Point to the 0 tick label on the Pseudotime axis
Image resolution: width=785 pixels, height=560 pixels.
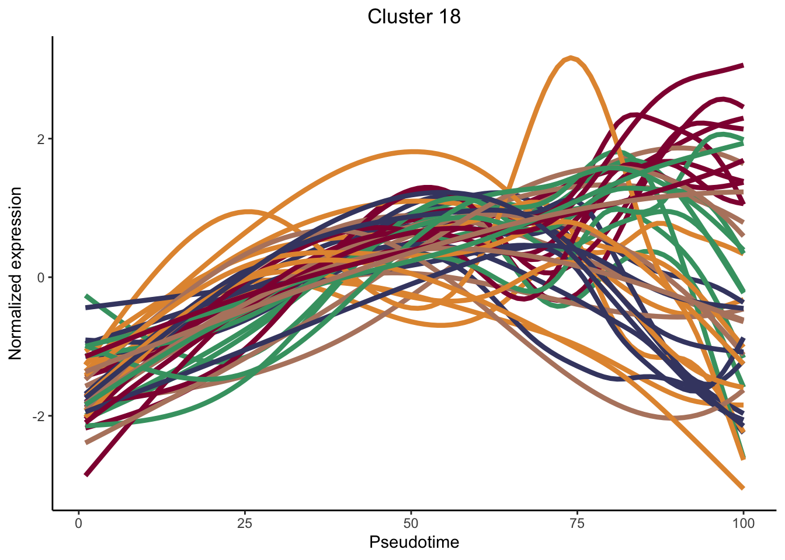[79, 523]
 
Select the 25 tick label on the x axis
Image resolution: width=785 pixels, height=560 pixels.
[245, 523]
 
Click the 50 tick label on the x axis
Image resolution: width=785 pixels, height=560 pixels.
[411, 523]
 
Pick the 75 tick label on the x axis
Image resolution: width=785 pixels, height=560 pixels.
[577, 523]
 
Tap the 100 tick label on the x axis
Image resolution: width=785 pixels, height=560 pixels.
[743, 523]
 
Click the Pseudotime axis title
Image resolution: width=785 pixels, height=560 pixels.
[414, 542]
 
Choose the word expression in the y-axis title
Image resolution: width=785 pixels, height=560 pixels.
[16, 230]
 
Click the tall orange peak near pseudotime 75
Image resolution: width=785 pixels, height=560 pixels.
[570, 58]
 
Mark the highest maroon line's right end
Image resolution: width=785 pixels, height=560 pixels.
[742, 65]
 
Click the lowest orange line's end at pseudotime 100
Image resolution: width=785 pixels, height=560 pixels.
[742, 487]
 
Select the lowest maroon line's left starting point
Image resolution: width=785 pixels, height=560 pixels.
[86, 475]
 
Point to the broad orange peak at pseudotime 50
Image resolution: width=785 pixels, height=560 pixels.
[414, 152]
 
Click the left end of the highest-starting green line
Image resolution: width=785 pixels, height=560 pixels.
[86, 296]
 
